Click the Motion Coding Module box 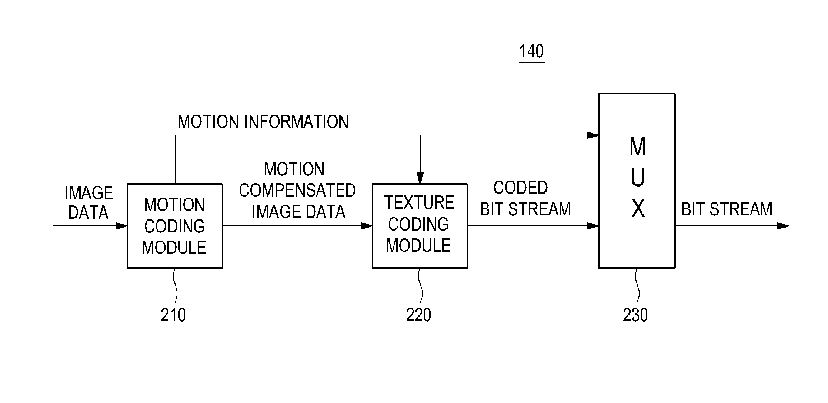175,226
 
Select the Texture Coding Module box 420,226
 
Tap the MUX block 637,180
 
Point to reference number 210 173,315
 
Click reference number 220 418,315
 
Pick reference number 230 635,315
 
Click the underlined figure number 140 531,51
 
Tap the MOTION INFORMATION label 263,122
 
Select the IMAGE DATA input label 89,203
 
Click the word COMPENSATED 297,190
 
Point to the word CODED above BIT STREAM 520,188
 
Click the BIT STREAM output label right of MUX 727,209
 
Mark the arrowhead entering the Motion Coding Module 121,226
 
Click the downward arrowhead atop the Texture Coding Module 420,178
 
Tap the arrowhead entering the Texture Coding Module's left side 367,226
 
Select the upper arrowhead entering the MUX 593,135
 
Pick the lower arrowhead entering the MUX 593,226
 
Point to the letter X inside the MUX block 638,208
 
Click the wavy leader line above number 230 637,287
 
